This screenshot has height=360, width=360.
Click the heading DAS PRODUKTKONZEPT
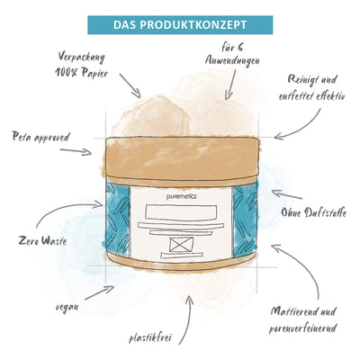coord(180,25)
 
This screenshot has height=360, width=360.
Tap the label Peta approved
coord(40,137)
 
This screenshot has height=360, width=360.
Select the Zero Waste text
coord(42,240)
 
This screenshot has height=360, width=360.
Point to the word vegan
coord(67,307)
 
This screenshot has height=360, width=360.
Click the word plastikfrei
coord(150,337)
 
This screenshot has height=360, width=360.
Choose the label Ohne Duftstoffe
coord(314,212)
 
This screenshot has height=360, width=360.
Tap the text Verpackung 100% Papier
coord(81,65)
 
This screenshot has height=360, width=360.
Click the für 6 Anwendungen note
coord(232,54)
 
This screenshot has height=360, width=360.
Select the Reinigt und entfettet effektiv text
coord(312,87)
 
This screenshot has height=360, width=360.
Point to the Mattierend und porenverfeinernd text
coord(302,319)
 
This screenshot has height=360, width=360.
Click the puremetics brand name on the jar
coord(182,196)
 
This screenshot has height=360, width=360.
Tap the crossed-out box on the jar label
coord(181,244)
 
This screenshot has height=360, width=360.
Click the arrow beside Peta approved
coord(76,151)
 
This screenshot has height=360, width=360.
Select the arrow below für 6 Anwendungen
coord(230,85)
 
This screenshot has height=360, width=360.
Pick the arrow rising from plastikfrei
coord(186,319)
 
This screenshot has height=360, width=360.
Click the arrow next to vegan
coord(100,292)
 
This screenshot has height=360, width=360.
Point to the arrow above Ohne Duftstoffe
coord(287,193)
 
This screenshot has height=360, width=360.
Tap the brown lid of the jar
coord(182,157)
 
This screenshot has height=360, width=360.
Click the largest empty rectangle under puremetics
coord(181,212)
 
